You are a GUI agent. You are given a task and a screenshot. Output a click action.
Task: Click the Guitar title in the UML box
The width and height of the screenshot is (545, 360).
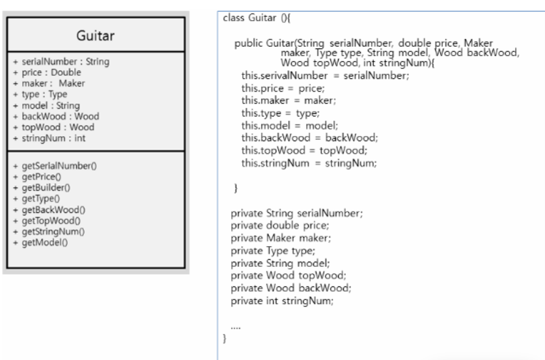click(x=96, y=36)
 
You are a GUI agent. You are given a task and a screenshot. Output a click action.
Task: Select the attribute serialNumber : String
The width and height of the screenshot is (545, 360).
click(x=61, y=62)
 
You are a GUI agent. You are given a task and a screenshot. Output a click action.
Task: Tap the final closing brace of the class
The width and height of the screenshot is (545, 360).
click(x=225, y=339)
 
